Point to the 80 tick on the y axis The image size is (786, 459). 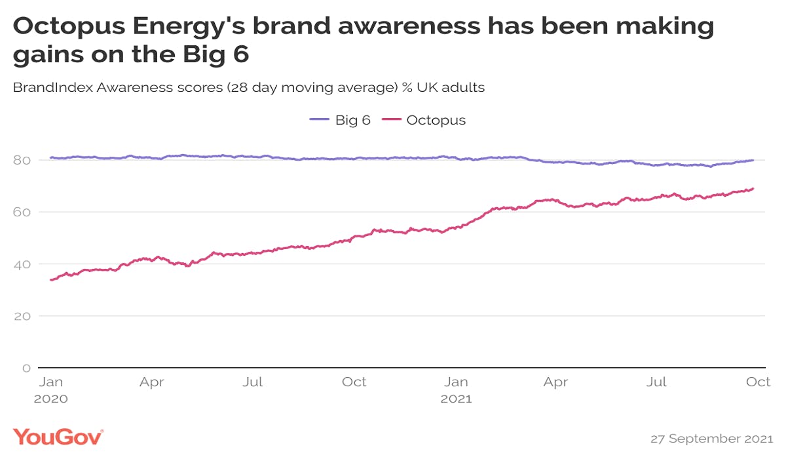(24, 160)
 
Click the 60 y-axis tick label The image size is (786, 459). (24, 212)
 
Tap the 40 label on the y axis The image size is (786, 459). (24, 264)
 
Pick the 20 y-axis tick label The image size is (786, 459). (24, 315)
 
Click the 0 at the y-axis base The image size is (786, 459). (27, 368)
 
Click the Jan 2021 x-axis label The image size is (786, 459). (457, 389)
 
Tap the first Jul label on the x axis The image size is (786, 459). (253, 382)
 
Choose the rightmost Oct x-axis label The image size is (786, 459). (759, 382)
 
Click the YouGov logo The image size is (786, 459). (58, 437)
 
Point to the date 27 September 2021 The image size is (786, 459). (710, 438)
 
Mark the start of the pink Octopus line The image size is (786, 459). (51, 280)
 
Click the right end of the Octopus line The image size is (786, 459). (753, 189)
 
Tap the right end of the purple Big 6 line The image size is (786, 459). (753, 160)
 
